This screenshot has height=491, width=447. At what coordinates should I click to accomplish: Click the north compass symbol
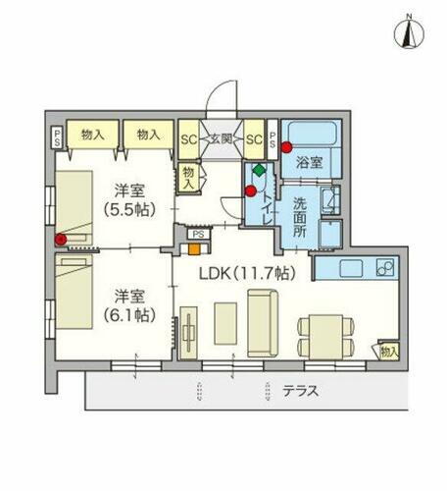410,33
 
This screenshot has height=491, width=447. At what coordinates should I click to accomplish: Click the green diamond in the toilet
258,171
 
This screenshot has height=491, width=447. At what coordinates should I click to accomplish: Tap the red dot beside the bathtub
286,148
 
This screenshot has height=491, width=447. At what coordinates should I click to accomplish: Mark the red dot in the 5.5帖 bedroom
62,239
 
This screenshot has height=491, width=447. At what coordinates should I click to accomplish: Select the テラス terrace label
300,391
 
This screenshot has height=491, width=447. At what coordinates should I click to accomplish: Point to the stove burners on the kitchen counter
384,267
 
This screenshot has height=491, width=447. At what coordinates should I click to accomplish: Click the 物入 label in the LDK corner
389,352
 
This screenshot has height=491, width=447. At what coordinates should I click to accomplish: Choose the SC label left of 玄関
188,138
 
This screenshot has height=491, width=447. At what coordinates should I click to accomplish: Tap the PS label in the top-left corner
58,136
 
